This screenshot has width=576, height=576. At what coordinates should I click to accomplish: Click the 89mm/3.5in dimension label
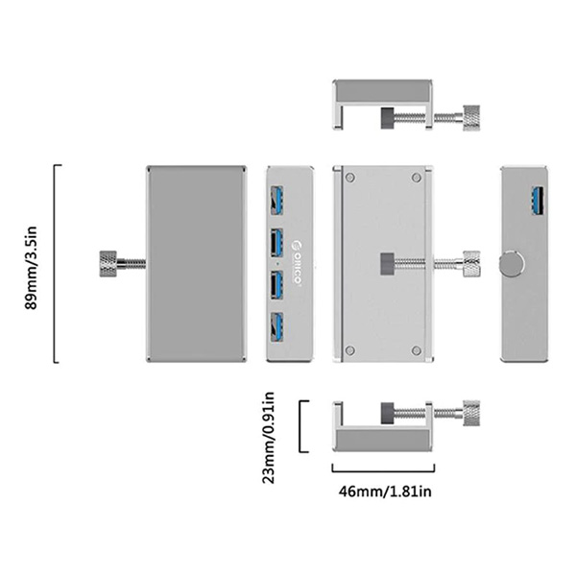tap(31, 268)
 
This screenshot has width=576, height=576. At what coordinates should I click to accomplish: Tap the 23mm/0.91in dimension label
tap(269, 438)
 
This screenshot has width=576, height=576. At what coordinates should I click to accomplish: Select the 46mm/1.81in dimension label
tap(385, 492)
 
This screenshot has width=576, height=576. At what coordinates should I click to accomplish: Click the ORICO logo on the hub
tap(298, 262)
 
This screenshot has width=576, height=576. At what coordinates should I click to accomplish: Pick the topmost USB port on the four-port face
tap(277, 201)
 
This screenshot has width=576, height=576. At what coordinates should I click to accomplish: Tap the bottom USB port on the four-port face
tap(277, 327)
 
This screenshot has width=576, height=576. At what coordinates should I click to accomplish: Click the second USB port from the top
tap(277, 243)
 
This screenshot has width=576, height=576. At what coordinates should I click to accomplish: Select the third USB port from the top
tap(277, 285)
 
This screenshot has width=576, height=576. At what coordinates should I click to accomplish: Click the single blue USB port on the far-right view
tap(539, 201)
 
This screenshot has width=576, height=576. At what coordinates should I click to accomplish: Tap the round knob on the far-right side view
tap(512, 264)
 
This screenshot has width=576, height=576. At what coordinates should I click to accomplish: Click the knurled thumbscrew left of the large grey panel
tap(108, 264)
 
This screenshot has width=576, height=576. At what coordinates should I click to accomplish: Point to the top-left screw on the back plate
tap(350, 178)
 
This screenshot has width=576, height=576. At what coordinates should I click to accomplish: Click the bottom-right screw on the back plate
tap(417, 350)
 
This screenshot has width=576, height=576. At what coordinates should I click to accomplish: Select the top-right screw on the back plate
tap(417, 178)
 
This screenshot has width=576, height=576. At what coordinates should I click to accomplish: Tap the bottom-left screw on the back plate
tap(350, 350)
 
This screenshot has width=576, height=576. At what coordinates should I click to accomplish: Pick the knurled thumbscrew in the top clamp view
tap(471, 118)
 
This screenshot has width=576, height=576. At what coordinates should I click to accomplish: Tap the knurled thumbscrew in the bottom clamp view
tap(471, 413)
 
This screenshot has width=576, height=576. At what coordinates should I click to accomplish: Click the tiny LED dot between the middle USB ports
tap(276, 264)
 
